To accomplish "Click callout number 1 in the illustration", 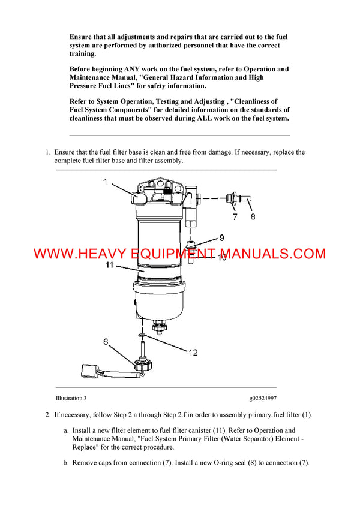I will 104,182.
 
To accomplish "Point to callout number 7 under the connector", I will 235,216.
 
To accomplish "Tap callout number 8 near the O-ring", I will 253,216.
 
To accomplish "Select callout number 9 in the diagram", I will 221,237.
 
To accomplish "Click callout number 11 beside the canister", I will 110,264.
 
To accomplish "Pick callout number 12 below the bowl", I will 193,353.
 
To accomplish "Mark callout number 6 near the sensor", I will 106,342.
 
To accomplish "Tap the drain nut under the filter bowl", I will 160,326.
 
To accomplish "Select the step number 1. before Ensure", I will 48,152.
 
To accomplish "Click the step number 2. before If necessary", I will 48,415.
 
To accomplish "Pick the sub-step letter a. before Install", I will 66,430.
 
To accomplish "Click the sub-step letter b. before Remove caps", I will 66,463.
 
